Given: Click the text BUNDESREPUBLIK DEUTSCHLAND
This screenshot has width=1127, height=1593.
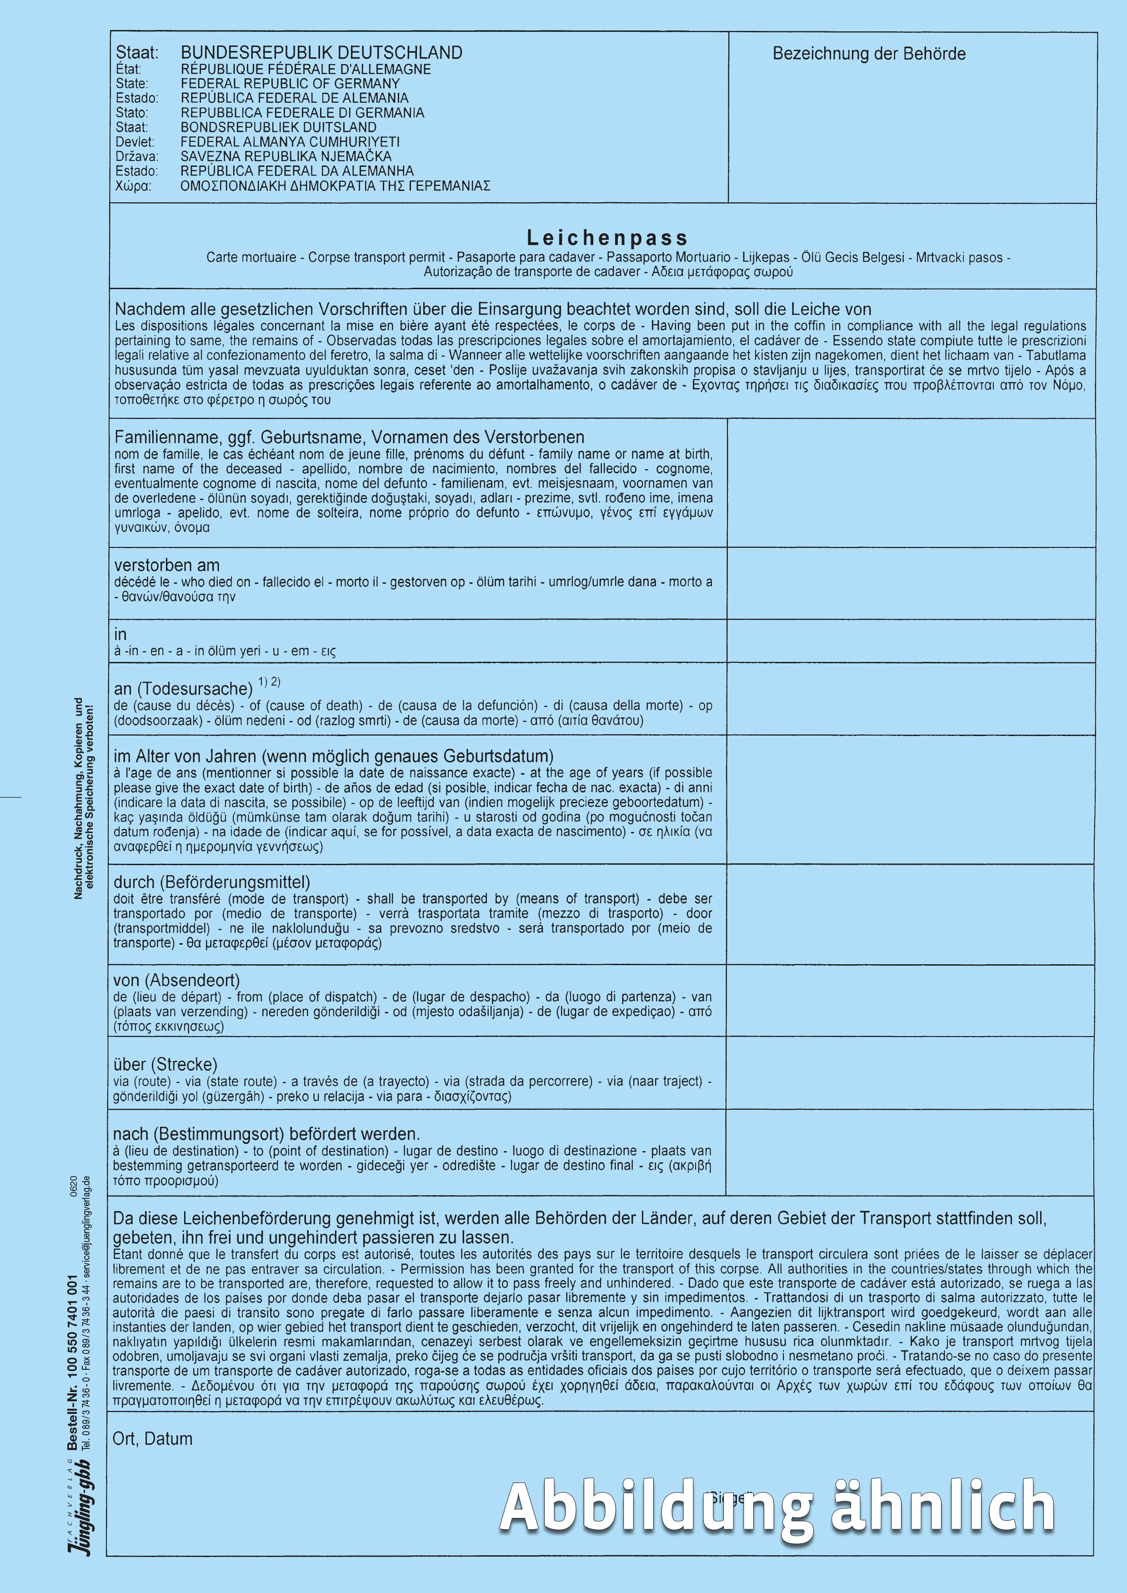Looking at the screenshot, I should click(321, 53).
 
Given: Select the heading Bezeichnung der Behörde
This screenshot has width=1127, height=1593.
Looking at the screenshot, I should click(869, 54).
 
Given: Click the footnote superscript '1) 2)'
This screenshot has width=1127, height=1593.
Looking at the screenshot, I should click(269, 682).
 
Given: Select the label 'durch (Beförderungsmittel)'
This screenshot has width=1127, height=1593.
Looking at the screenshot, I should click(212, 882).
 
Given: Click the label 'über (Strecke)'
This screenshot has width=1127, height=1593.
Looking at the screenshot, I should click(165, 1064).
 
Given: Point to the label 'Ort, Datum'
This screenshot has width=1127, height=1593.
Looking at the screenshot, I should click(153, 1439).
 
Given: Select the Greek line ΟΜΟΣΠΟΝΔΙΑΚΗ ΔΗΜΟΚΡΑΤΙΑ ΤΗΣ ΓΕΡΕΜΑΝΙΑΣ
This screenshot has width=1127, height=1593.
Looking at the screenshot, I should click(335, 186).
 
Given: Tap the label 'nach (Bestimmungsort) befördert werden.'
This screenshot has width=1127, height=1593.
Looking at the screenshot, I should click(266, 1134).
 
